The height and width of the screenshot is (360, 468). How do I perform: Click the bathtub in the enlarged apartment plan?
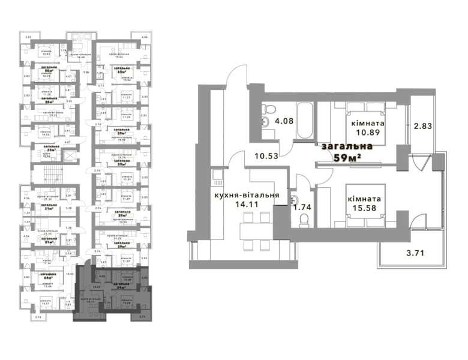[305, 122]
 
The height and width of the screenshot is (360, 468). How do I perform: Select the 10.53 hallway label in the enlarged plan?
[268, 158]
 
